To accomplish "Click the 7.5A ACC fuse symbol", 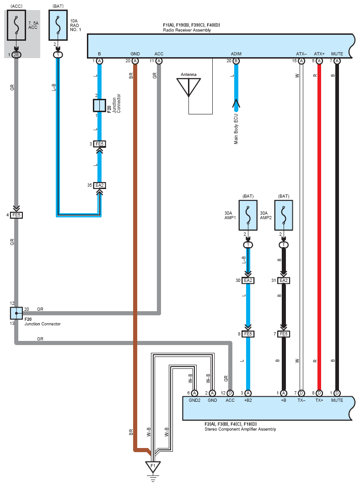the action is point(16,25).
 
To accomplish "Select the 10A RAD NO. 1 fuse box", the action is point(58,25).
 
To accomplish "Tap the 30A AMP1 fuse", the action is point(248,216).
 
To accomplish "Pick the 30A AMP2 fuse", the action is point(284,216).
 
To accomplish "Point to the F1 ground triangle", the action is point(153,467).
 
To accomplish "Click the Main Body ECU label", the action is point(236,129).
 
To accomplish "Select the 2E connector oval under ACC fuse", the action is point(16,55).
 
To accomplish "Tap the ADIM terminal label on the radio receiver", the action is point(236,54).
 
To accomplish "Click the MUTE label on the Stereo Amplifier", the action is point(337,400).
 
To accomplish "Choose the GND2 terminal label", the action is point(194,400).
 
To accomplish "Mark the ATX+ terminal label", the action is point(319,54).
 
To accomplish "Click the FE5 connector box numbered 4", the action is point(16,215).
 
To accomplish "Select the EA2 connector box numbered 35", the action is point(99,185).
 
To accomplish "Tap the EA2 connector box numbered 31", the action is point(284,281).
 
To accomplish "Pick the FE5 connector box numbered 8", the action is point(248,334).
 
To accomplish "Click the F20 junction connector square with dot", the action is point(16,313).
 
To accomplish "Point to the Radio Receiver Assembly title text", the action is point(187,30).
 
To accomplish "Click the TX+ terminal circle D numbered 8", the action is point(319,393).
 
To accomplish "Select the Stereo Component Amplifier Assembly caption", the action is point(240,429).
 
